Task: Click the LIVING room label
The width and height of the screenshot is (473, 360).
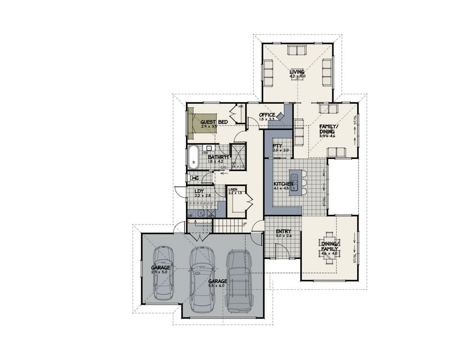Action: (x=297, y=72)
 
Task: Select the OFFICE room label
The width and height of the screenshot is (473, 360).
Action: (x=267, y=115)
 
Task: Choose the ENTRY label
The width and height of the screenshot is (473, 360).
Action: (x=283, y=231)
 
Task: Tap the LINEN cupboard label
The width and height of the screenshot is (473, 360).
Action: (x=232, y=189)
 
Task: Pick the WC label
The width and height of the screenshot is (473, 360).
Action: (x=195, y=178)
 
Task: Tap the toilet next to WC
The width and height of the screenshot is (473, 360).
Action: (x=189, y=178)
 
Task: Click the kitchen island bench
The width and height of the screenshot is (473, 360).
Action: (x=298, y=183)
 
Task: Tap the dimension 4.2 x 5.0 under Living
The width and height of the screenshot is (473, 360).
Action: (x=298, y=76)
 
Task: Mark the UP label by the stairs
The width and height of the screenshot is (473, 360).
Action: (x=244, y=223)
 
